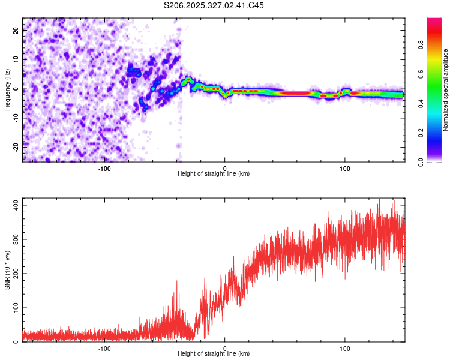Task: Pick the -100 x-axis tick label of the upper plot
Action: pyautogui.click(x=104, y=168)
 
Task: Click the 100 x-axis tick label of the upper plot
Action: pyautogui.click(x=345, y=168)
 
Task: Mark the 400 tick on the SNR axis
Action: pyautogui.click(x=14, y=205)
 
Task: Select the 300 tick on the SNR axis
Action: pyautogui.click(x=14, y=239)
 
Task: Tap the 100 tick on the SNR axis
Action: pyautogui.click(x=14, y=308)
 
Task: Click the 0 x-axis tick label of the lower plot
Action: pyautogui.click(x=225, y=348)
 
